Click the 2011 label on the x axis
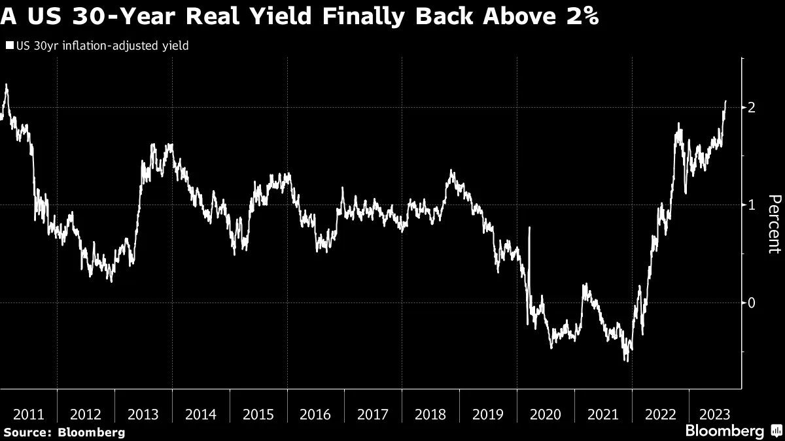click(x=29, y=414)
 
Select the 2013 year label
click(x=143, y=414)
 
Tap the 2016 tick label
click(x=315, y=414)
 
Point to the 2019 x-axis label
click(x=487, y=414)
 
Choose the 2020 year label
click(x=545, y=414)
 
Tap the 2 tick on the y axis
click(x=752, y=107)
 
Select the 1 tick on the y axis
click(x=752, y=205)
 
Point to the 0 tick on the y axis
click(x=752, y=302)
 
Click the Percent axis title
click(x=774, y=224)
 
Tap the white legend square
click(x=10, y=46)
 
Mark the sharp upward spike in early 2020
click(x=529, y=228)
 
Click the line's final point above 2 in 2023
click(x=725, y=101)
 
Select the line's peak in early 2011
click(x=6, y=85)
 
